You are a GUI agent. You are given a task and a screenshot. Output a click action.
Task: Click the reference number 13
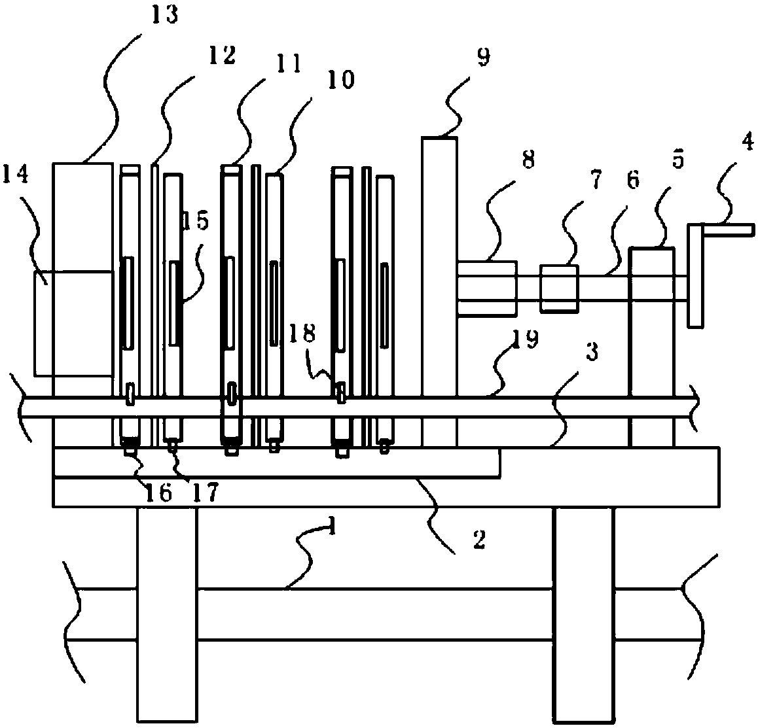(x=165, y=16)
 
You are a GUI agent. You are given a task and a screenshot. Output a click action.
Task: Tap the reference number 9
(x=483, y=58)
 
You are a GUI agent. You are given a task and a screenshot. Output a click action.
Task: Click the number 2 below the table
(x=480, y=540)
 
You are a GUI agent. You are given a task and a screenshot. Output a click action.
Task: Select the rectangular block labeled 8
(x=487, y=288)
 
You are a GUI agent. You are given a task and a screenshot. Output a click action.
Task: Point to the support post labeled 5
(x=652, y=347)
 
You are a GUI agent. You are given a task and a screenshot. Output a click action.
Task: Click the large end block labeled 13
(x=82, y=305)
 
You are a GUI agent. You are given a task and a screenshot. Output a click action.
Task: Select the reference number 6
(x=633, y=180)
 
